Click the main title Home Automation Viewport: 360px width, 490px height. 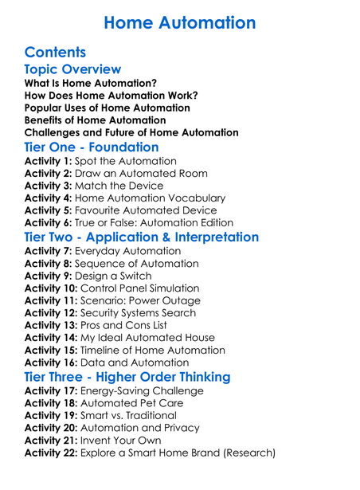pos(180,22)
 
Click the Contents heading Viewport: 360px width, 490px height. pos(55,53)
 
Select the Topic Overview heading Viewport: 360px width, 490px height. pos(73,70)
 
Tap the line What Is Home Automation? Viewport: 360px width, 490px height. pos(91,83)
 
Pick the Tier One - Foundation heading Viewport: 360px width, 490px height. pos(92,147)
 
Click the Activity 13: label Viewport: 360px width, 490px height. pos(52,325)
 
